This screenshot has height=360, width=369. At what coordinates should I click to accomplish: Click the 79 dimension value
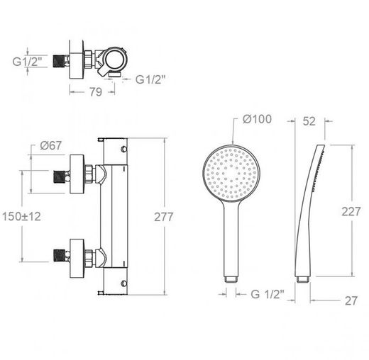pyautogui.click(x=96, y=91)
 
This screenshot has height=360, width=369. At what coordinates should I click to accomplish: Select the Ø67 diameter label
pyautogui.click(x=51, y=145)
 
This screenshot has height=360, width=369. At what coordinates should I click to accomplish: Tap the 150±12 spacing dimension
pyautogui.click(x=21, y=216)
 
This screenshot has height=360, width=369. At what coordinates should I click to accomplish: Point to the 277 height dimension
pyautogui.click(x=164, y=217)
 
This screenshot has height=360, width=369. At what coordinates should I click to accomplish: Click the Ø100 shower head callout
pyautogui.click(x=257, y=119)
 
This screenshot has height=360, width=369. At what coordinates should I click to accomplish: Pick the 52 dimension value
pyautogui.click(x=309, y=121)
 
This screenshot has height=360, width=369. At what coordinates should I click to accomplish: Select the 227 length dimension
pyautogui.click(x=351, y=211)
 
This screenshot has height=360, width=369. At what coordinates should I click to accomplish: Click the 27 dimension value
pyautogui.click(x=351, y=301)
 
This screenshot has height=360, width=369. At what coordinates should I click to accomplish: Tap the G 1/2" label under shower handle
pyautogui.click(x=268, y=294)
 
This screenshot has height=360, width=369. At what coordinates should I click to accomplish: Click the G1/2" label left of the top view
pyautogui.click(x=27, y=62)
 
